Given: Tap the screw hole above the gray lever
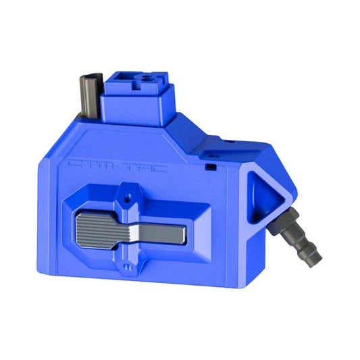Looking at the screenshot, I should (x=126, y=200).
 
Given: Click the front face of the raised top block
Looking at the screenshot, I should (x=135, y=108).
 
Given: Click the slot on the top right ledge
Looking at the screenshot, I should (x=228, y=143).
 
